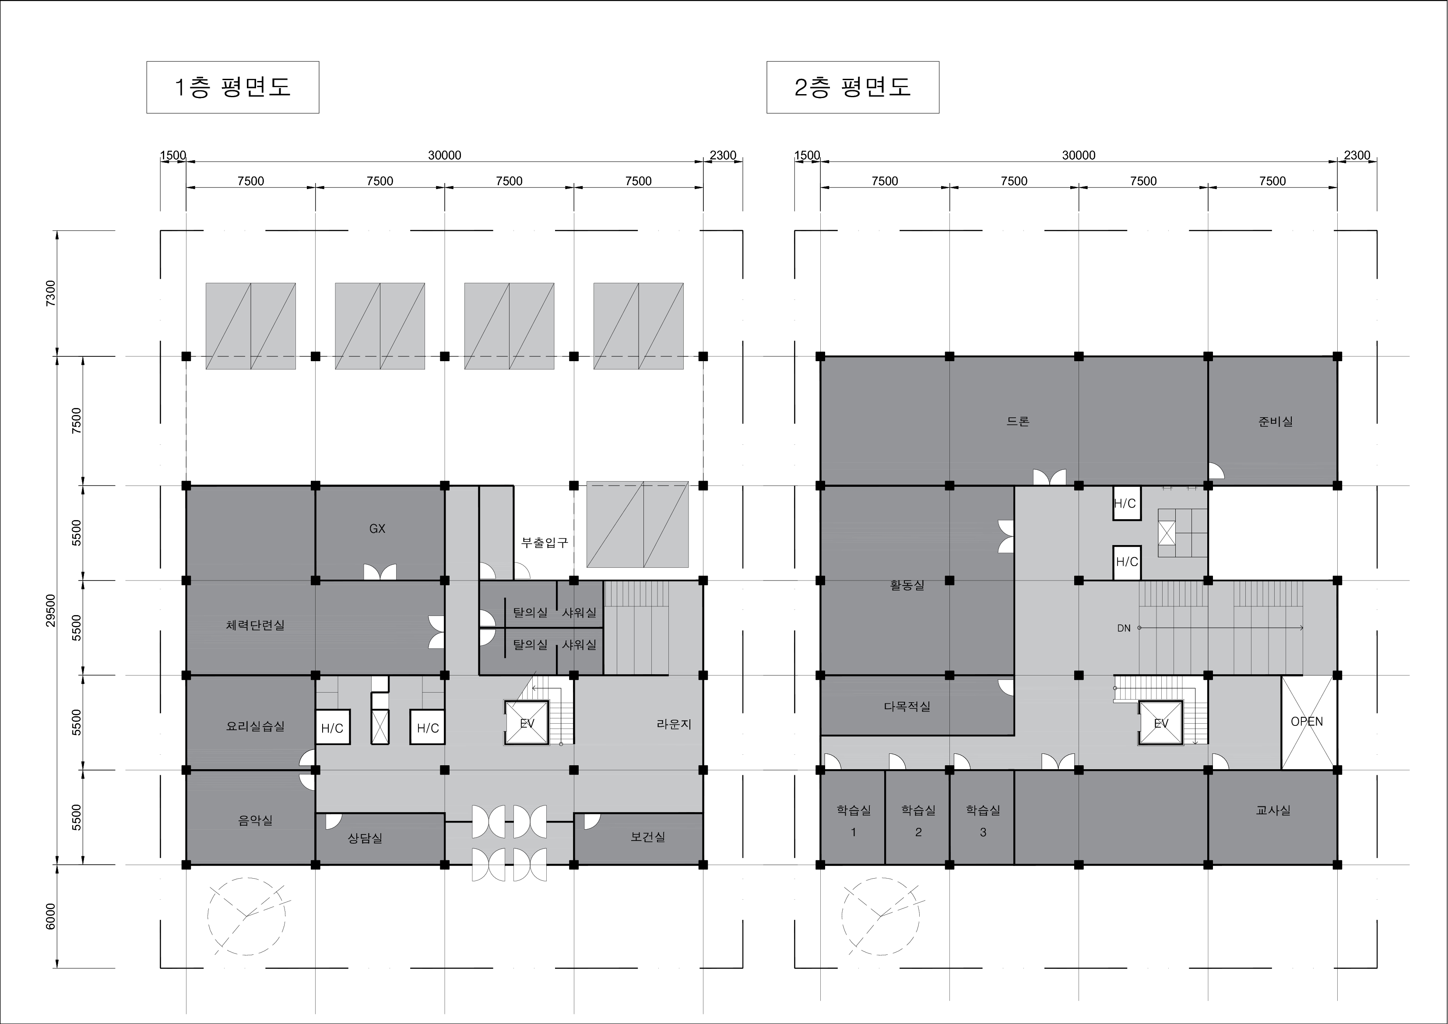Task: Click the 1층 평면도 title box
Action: pyautogui.click(x=233, y=87)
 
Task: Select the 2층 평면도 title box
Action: pyautogui.click(x=853, y=87)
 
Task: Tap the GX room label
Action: pyautogui.click(x=377, y=529)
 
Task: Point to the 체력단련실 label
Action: pyautogui.click(x=256, y=625)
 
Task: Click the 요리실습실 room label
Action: pyautogui.click(x=256, y=726)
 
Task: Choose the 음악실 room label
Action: pyautogui.click(x=256, y=820)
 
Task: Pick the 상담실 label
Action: pyautogui.click(x=365, y=838)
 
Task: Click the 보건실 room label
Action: pyautogui.click(x=648, y=837)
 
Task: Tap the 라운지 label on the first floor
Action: pyautogui.click(x=674, y=724)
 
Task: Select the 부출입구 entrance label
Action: pyautogui.click(x=544, y=542)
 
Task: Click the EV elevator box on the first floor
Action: pyautogui.click(x=527, y=723)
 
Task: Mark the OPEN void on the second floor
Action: pyautogui.click(x=1307, y=721)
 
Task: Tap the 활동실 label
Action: pyautogui.click(x=907, y=585)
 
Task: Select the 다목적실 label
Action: pyautogui.click(x=907, y=706)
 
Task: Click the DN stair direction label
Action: pyautogui.click(x=1124, y=628)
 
